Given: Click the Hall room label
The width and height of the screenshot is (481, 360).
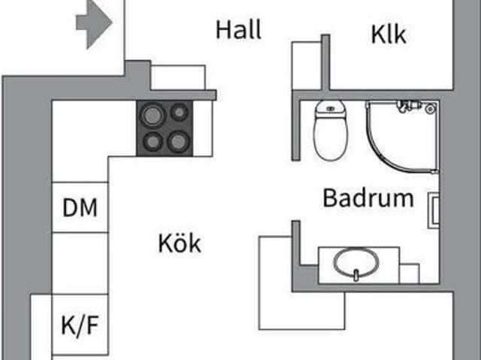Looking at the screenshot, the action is (239, 30).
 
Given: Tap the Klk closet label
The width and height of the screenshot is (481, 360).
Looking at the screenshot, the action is (389, 34).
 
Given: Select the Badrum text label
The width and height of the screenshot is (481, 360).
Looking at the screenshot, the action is (368, 198).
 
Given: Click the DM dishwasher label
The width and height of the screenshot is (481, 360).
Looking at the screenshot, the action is (80, 207).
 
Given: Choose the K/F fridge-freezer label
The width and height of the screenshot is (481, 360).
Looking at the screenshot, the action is (80, 325).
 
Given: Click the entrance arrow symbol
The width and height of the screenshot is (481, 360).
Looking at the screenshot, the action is (94, 24).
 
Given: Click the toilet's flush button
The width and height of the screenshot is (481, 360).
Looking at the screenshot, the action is (331, 108).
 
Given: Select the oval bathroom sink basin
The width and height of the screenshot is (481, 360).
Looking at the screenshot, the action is (356, 262).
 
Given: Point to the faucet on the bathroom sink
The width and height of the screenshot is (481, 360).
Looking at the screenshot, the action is (356, 275).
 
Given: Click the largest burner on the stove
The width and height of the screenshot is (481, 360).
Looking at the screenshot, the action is (153, 116).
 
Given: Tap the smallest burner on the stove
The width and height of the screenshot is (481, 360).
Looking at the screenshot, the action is (179, 112).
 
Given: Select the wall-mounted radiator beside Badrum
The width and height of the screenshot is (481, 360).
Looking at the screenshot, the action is (434, 210).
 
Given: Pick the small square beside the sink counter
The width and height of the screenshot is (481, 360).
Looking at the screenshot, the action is (410, 274).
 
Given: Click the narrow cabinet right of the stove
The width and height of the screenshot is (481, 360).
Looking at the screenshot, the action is (203, 129).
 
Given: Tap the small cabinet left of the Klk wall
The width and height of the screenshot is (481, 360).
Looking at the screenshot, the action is (307, 65).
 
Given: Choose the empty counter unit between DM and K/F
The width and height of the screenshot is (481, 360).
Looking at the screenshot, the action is (80, 263).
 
